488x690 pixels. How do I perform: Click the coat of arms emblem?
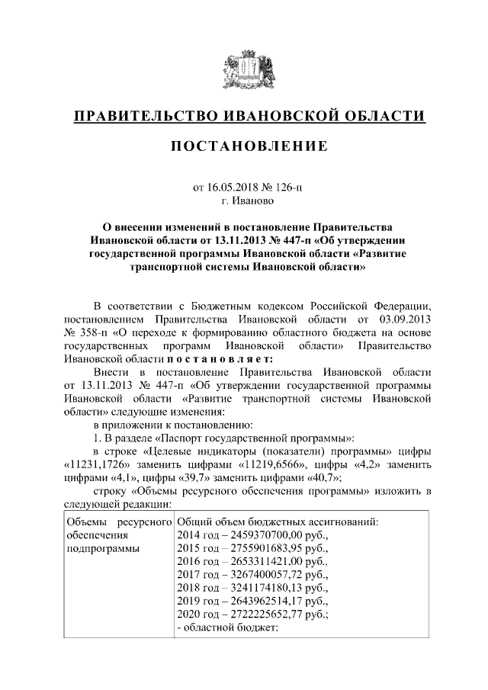coord(244,70)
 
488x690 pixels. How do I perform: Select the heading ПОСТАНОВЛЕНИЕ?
coord(244,145)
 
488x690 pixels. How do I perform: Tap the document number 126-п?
coord(286,187)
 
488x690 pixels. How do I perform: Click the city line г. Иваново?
coord(244,201)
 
